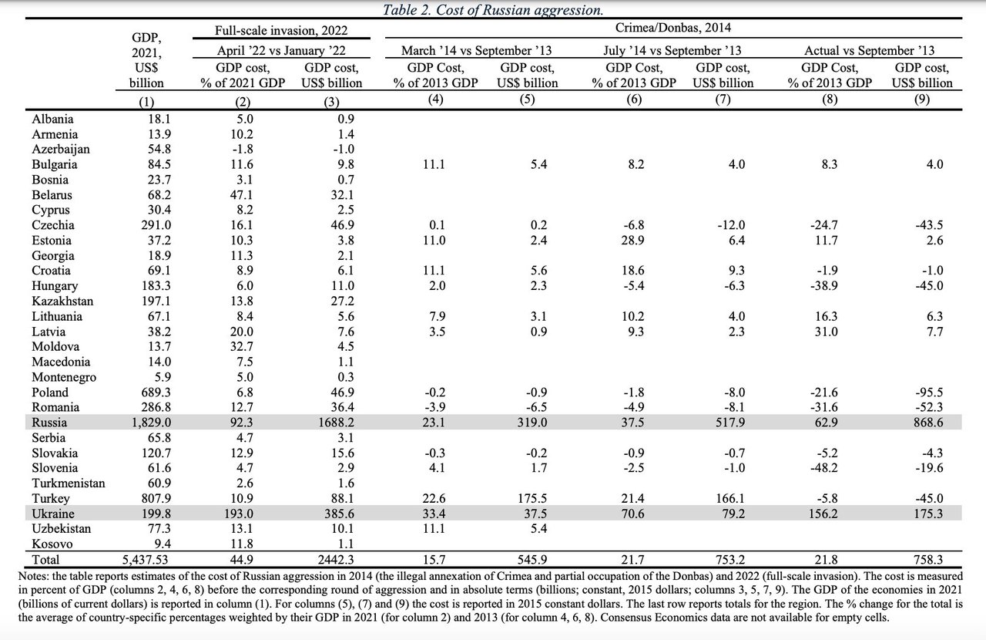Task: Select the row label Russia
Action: [x=49, y=423]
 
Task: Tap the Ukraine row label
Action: [x=53, y=514]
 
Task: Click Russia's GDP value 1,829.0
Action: [x=152, y=423]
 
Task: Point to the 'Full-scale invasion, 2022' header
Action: [x=281, y=30]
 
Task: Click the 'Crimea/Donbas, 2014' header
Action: [x=673, y=27]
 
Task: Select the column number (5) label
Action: [x=527, y=99]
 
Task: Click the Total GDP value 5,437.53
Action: [x=146, y=559]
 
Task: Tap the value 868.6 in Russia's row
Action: [x=928, y=423]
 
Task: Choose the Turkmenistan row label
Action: [x=69, y=483]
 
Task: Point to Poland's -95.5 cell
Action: [x=929, y=392]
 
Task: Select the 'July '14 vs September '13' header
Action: [x=672, y=50]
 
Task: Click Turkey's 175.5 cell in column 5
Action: [x=532, y=498]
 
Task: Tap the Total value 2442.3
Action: [x=336, y=559]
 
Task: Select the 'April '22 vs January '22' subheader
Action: [x=281, y=50]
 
